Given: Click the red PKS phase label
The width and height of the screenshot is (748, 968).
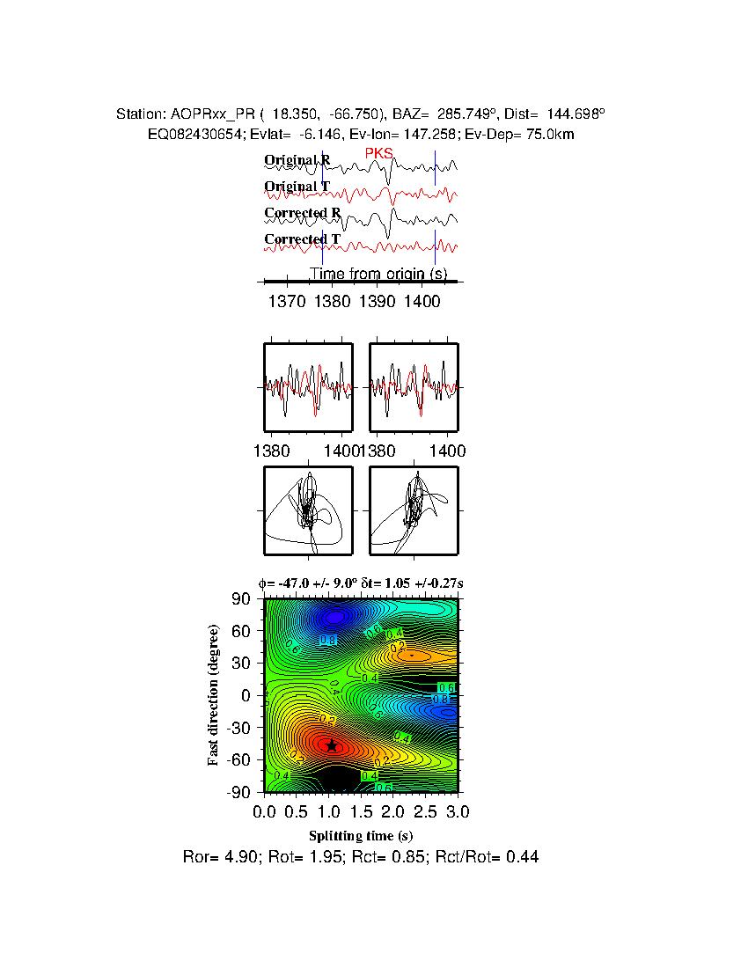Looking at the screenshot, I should click(379, 155).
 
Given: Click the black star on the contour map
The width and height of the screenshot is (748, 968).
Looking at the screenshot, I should click(332, 745).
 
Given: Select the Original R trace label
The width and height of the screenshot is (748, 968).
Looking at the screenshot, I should click(297, 161).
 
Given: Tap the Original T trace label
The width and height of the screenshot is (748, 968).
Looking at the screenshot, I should click(297, 187).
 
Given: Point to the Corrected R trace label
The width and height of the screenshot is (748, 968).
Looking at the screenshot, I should click(303, 213).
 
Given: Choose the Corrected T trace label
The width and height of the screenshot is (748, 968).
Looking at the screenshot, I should click(303, 239).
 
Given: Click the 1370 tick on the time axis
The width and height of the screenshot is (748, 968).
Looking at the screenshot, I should click(287, 301).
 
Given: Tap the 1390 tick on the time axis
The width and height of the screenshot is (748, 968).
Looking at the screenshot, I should click(377, 301).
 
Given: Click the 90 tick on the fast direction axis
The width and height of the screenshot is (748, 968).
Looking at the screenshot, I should click(242, 599).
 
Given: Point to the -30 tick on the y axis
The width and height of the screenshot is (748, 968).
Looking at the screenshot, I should click(238, 728).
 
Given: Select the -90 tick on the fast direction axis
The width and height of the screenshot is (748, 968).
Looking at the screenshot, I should click(238, 793).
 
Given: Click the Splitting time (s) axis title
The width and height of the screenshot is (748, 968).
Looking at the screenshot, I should click(361, 834).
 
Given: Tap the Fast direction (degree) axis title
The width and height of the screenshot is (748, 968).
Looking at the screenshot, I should click(214, 695).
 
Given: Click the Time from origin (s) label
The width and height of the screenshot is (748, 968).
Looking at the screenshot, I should click(378, 275).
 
